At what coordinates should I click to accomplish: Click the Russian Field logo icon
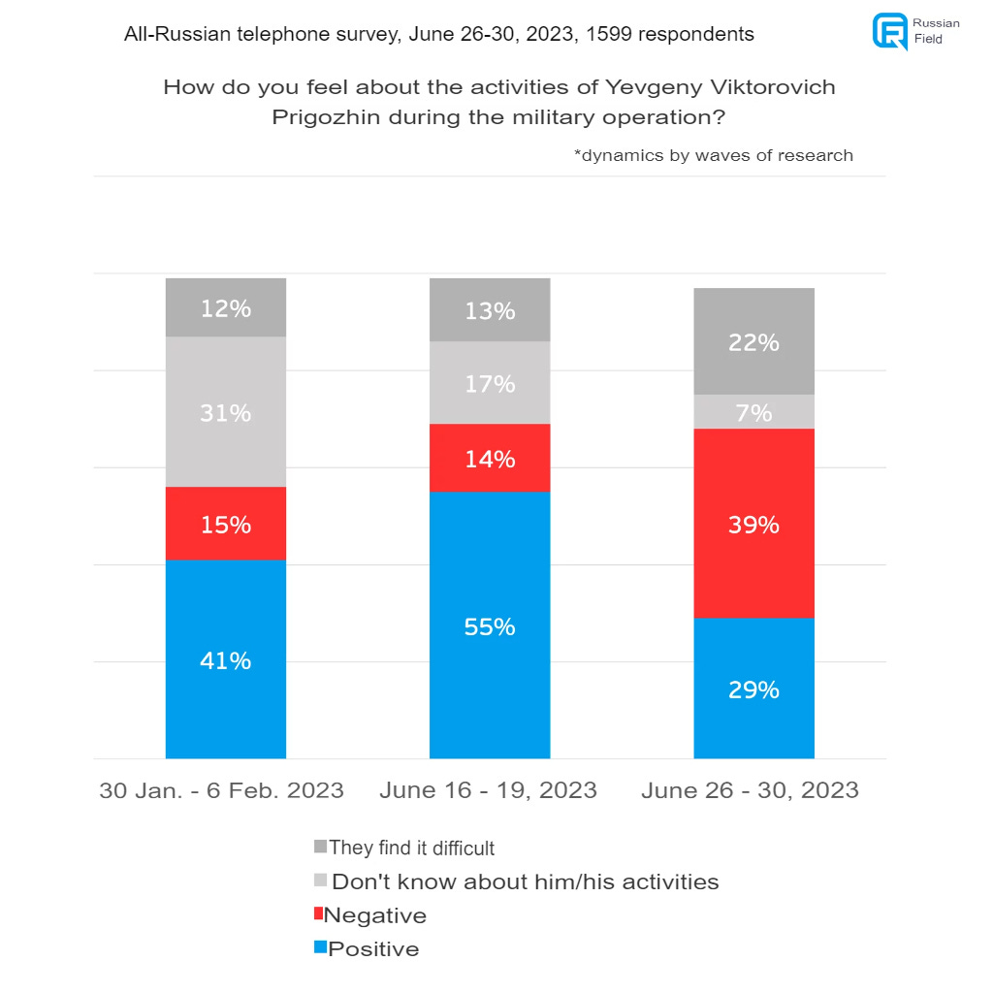point(889,30)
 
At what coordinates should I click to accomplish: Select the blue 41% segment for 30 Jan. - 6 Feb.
point(226,659)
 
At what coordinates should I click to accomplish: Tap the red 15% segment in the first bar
point(226,524)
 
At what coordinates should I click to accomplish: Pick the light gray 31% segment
point(226,412)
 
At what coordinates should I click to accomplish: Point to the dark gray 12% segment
point(226,308)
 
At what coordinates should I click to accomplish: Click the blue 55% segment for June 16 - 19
point(490,625)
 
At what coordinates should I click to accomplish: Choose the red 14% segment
point(490,458)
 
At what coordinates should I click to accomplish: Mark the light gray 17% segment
point(490,383)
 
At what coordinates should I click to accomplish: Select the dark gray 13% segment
point(490,310)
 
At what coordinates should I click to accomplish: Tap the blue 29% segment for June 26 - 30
point(753,689)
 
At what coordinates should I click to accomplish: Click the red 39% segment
point(753,524)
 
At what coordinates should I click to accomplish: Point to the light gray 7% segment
point(753,412)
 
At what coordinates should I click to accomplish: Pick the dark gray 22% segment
point(753,341)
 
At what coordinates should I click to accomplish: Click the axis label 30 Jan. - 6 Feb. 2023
point(221,790)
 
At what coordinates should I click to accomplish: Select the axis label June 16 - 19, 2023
point(488,790)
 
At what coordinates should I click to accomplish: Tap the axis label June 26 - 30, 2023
point(750,790)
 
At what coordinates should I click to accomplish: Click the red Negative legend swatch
point(319,913)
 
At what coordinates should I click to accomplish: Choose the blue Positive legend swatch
point(319,947)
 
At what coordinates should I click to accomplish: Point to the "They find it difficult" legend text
point(412,849)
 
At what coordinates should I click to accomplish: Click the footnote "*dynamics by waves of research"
point(714,155)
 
